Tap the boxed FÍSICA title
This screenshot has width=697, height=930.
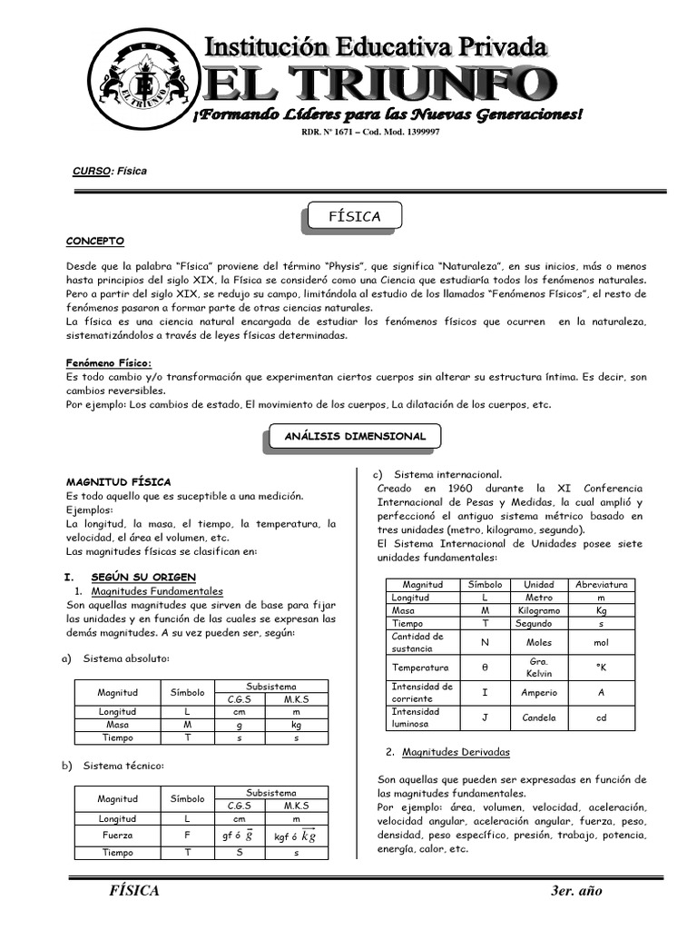(355, 216)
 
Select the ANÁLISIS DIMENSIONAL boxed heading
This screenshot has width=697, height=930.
(355, 436)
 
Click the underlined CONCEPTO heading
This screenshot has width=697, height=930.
(95, 241)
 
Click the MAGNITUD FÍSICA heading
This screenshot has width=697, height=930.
(118, 481)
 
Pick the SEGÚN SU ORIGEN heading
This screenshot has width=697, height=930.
(142, 577)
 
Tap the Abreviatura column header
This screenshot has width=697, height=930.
(602, 585)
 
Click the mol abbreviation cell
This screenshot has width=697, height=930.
(602, 641)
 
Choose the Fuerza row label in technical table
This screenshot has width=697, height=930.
(118, 836)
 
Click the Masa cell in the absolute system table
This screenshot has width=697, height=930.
(118, 725)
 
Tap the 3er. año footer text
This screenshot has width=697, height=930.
(576, 891)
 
